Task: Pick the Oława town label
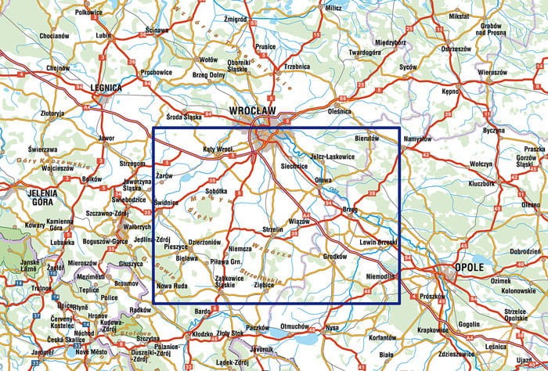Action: (323, 180)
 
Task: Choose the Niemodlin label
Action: (381, 276)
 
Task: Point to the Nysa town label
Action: (332, 327)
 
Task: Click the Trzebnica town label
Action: (297, 67)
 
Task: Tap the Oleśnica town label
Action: (340, 112)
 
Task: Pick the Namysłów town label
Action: (417, 139)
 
